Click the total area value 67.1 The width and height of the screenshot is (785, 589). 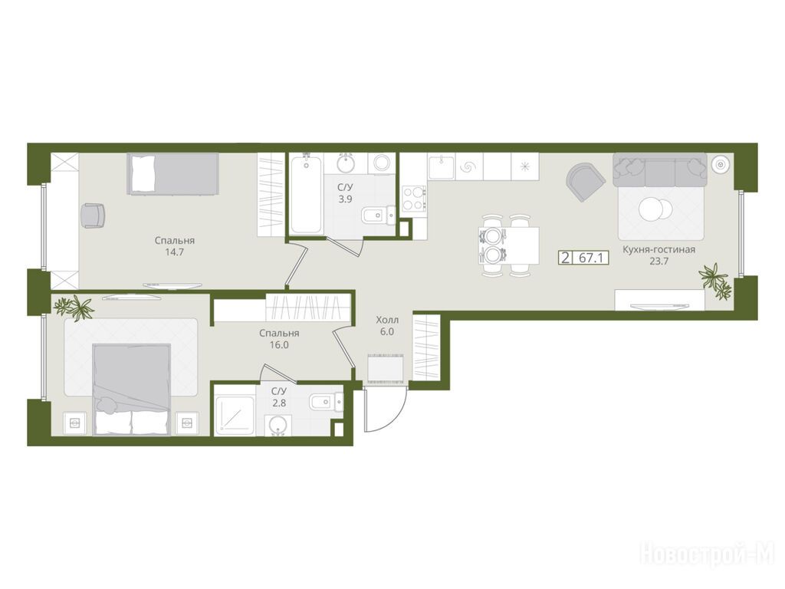click(593, 258)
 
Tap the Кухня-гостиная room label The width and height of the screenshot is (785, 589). click(659, 249)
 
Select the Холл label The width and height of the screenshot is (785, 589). click(387, 320)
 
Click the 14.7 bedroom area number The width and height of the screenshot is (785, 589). click(174, 252)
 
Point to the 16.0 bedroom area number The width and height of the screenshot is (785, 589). click(279, 344)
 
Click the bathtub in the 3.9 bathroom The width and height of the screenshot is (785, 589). click(306, 194)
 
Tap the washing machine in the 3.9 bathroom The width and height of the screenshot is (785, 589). click(382, 163)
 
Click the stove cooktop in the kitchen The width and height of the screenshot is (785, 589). click(413, 199)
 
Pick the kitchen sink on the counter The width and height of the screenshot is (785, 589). click(441, 167)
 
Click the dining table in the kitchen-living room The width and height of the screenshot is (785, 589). click(509, 245)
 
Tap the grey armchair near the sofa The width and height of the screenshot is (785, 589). click(584, 181)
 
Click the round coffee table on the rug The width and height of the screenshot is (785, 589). click(655, 209)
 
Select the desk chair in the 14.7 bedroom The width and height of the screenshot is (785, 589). click(93, 216)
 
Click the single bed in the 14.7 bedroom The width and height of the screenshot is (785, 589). click(173, 173)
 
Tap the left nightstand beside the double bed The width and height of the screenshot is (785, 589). click(75, 423)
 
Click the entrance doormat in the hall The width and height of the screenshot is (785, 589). click(386, 368)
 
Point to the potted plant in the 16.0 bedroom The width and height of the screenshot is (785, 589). click(74, 307)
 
